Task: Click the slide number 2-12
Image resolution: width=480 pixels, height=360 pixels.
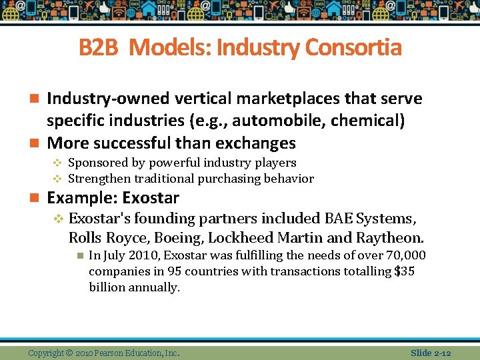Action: coord(441,353)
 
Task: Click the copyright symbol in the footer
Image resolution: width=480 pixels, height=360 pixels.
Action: coord(70,353)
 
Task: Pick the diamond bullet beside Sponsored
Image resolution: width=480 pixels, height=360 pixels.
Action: coord(57,163)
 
